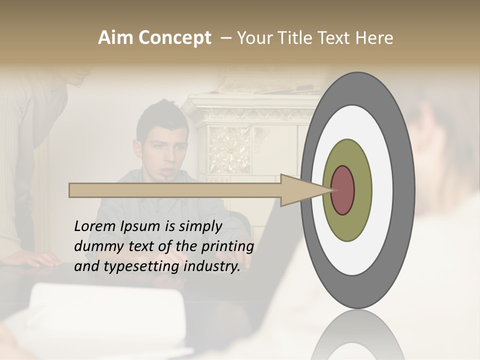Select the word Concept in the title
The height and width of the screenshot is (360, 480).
(174, 38)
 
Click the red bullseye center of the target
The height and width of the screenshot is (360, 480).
(343, 190)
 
